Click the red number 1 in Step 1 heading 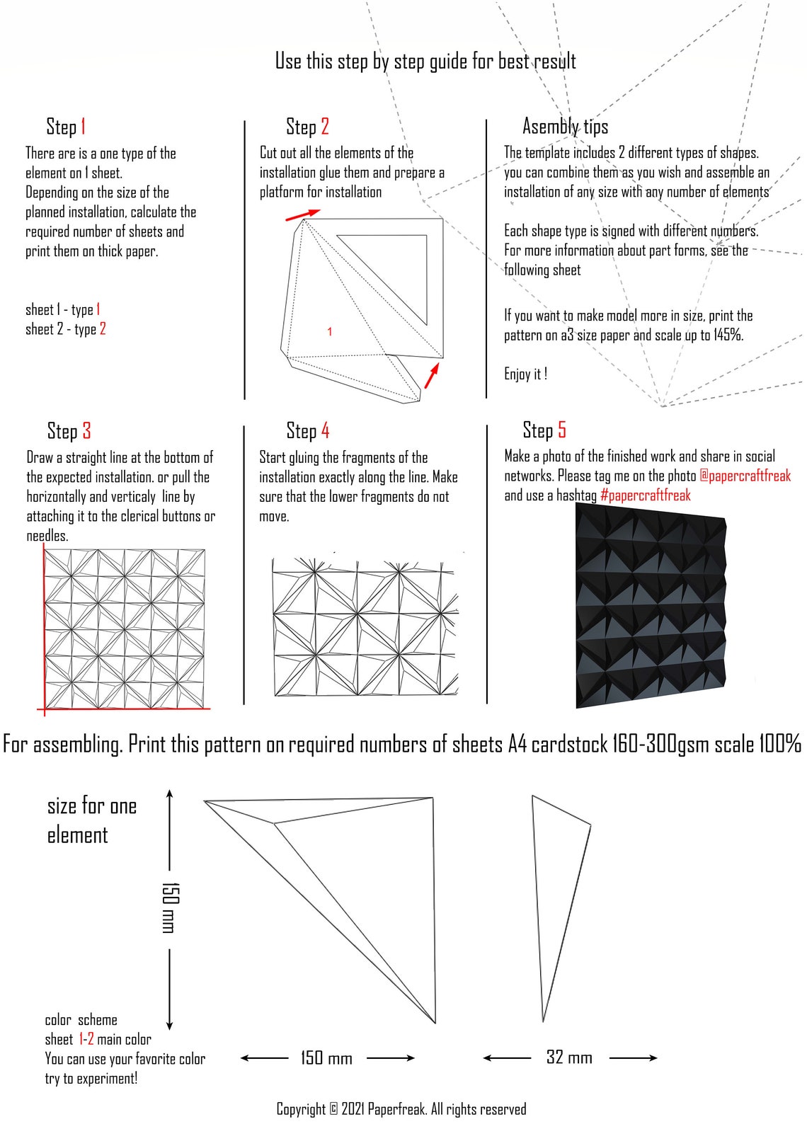click(83, 127)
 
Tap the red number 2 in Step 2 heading click(324, 127)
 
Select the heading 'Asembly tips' click(565, 127)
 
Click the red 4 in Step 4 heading click(325, 430)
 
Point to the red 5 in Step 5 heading click(561, 430)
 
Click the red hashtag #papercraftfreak click(645, 495)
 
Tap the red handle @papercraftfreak click(745, 476)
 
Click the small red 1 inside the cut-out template click(329, 331)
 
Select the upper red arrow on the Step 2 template click(303, 214)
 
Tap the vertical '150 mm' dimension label click(171, 907)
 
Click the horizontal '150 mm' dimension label click(326, 1057)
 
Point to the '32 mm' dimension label click(569, 1057)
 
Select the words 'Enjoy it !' click(525, 374)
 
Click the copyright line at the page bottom click(401, 1109)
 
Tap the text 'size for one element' click(91, 820)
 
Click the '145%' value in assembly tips click(728, 335)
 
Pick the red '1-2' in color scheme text click(86, 1039)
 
